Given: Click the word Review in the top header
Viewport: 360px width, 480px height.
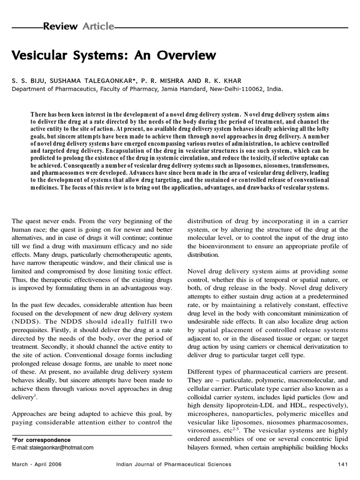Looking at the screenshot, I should point(60,26).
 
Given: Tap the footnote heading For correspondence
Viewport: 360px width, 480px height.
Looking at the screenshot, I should point(42,440).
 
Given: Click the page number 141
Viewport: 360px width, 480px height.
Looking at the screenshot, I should point(341,464).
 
